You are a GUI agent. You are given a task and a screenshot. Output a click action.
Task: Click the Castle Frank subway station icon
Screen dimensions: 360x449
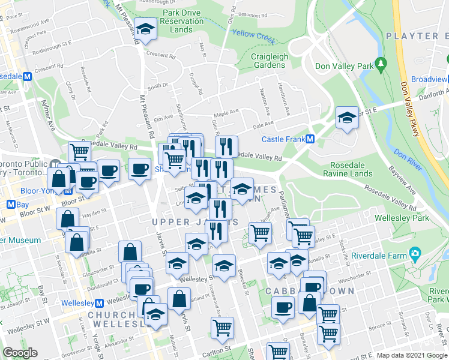(x=310, y=139)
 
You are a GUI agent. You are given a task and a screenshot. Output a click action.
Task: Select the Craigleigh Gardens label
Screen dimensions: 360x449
(x=268, y=61)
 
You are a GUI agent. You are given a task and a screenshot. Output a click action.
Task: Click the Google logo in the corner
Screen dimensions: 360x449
(x=20, y=353)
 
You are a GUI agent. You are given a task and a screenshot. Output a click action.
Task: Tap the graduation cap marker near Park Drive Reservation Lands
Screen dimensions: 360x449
(x=145, y=29)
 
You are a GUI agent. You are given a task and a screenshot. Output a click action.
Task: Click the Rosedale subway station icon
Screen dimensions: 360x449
(x=27, y=77)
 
